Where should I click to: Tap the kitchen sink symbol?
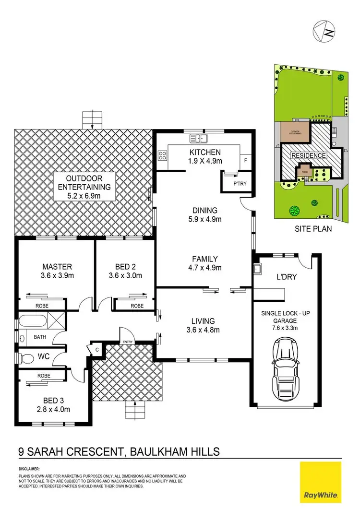pos(198,139)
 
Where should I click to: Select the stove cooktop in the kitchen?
pos(163,155)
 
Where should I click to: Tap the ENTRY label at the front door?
pos(128,342)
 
